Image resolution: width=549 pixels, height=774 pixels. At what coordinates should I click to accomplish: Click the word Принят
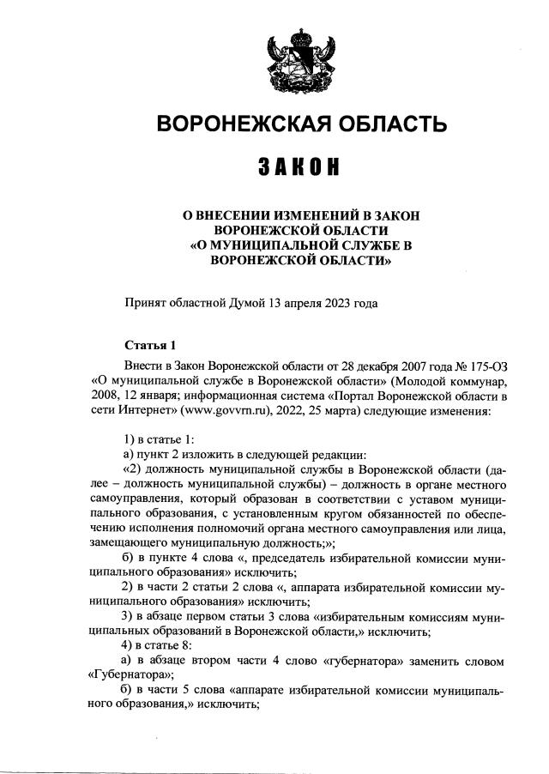146,303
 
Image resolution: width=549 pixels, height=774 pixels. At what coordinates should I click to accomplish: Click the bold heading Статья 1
150,346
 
